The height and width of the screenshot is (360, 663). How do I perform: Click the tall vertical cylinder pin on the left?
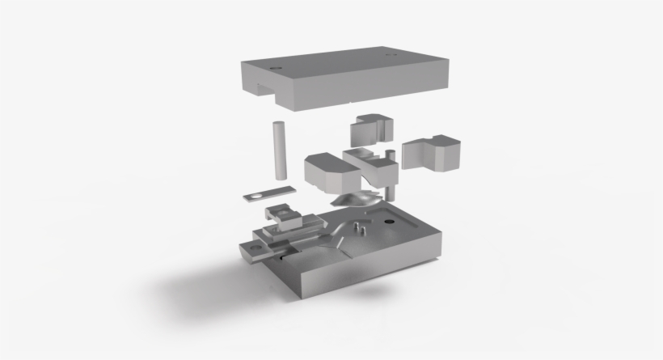coord(279,150)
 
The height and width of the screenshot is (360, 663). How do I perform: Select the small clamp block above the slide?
coord(287,215)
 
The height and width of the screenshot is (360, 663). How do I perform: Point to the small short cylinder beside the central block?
coord(390,155)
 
